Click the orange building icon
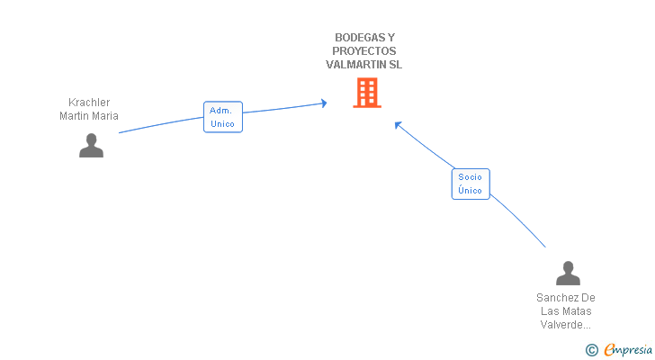[366, 93]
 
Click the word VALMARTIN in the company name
[356, 65]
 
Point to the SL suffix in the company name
[396, 65]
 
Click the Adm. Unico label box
[222, 117]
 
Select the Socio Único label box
[470, 184]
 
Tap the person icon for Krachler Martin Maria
[91, 145]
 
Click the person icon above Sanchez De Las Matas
[568, 273]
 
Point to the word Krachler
[89, 103]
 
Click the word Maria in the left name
[105, 115]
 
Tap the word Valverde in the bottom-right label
[564, 325]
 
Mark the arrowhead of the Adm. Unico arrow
[323, 103]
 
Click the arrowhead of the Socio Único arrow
[398, 124]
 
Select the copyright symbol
[591, 350]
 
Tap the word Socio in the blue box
[470, 177]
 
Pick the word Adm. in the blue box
[220, 111]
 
